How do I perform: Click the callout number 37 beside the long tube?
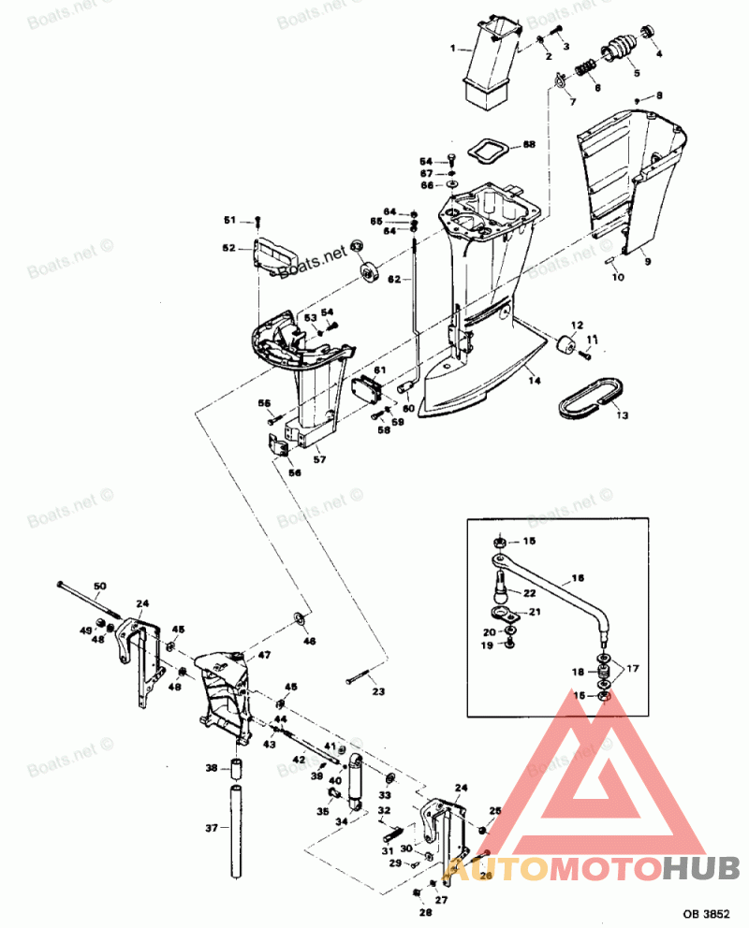point(211,828)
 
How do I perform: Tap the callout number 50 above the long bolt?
point(99,587)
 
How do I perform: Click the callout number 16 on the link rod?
point(578,579)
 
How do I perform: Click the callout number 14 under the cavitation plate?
point(532,380)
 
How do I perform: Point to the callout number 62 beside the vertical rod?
point(394,280)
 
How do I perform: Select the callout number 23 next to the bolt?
point(378,693)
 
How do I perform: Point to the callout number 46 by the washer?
point(309,642)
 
